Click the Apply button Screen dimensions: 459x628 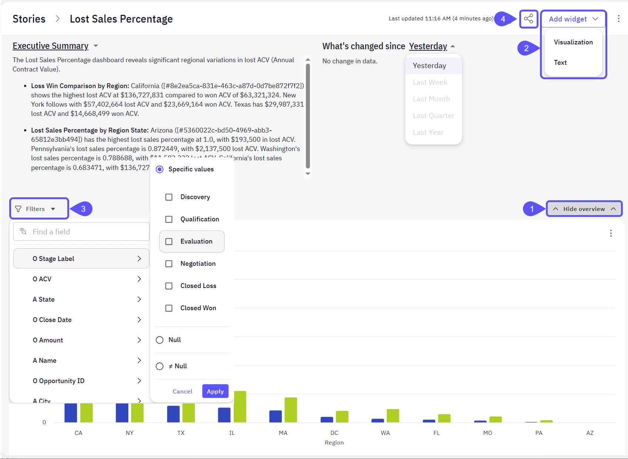(x=215, y=391)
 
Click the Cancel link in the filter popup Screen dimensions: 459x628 (x=182, y=391)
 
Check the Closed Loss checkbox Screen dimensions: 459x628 (x=169, y=286)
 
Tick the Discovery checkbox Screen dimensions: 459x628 (x=169, y=197)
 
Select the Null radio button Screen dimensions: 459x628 (x=160, y=340)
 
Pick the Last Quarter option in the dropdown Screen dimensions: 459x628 (x=433, y=115)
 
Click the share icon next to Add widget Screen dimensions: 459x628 (x=529, y=19)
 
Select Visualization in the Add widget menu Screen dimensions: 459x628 (x=573, y=42)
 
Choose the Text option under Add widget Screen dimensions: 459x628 (x=560, y=63)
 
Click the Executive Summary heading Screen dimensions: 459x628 (x=51, y=46)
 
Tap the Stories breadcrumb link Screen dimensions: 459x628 (x=29, y=19)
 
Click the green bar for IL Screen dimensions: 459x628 (x=240, y=406)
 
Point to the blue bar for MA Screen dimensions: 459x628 (x=276, y=416)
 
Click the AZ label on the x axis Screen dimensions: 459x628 (x=590, y=433)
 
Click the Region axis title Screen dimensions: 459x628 (x=334, y=442)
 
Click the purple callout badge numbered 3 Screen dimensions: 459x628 (x=83, y=209)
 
